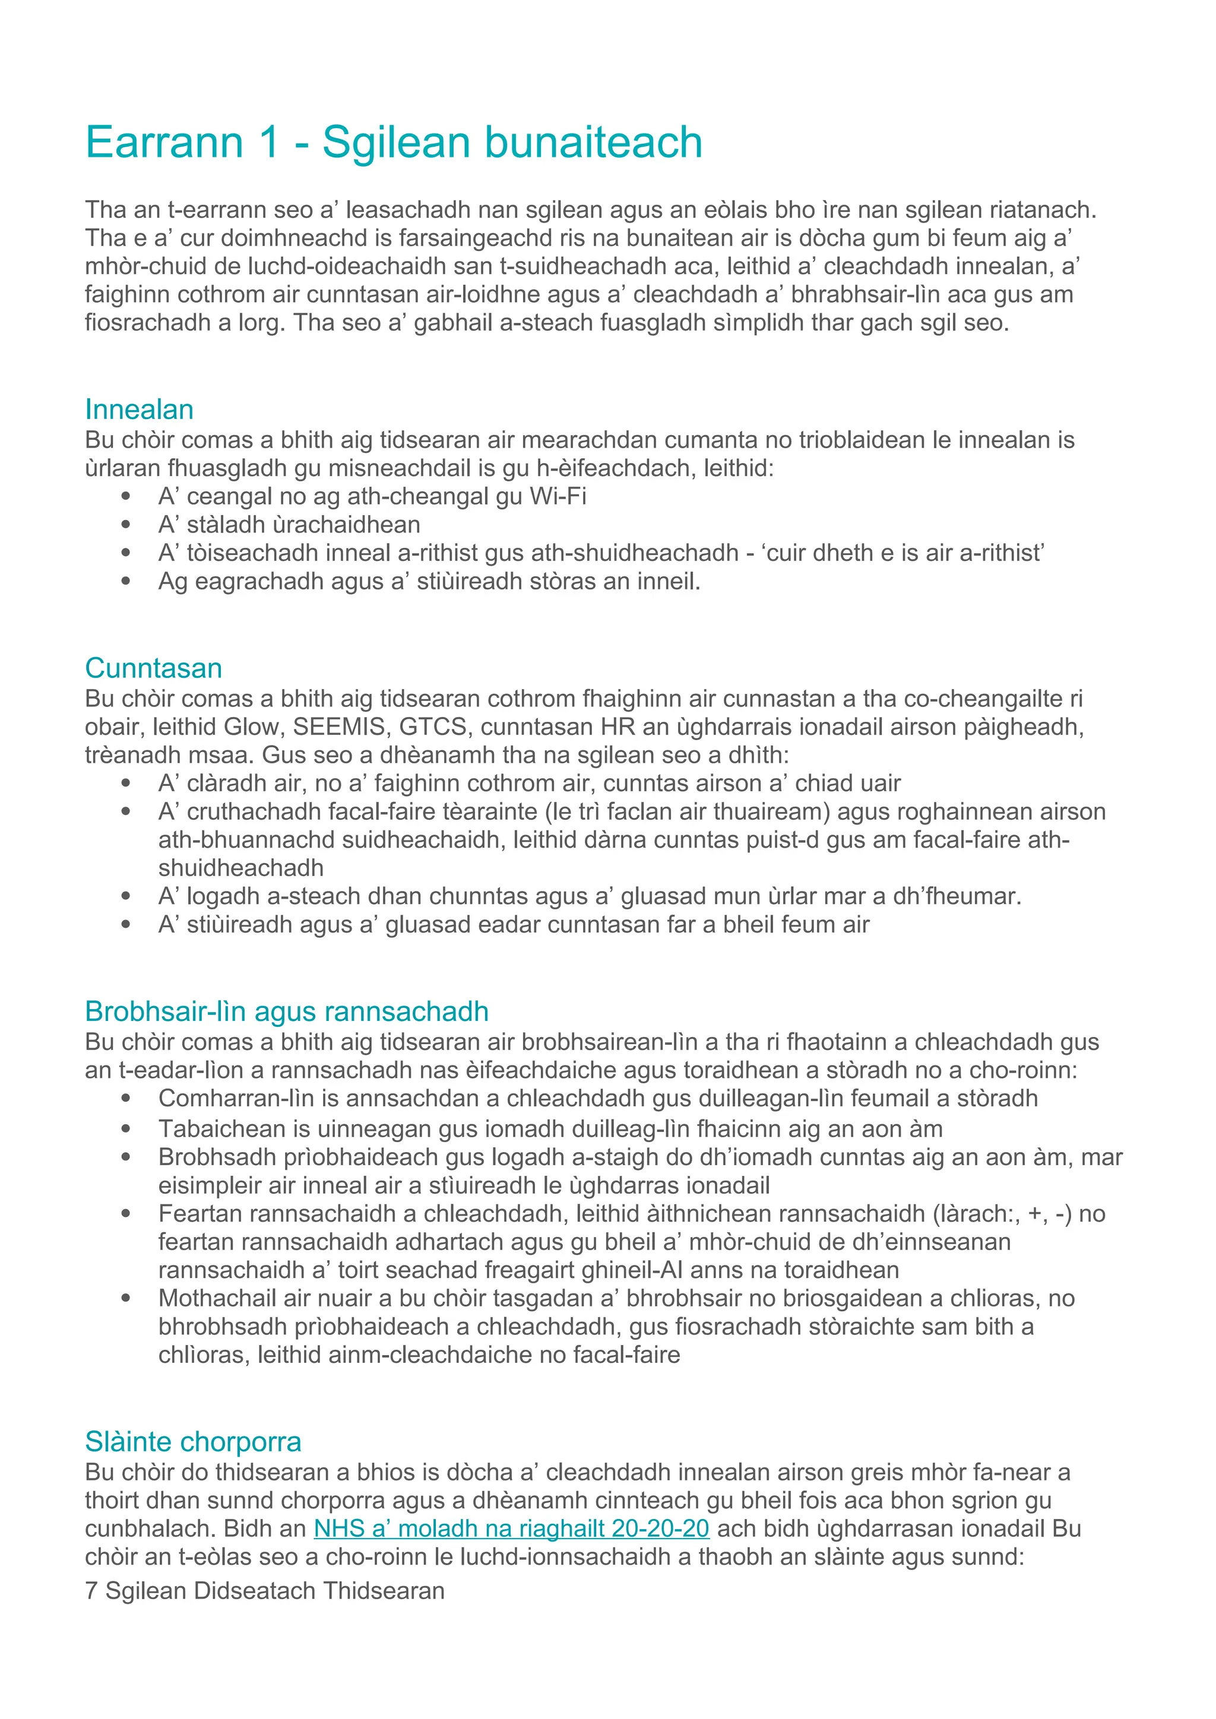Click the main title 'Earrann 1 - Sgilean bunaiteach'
click(393, 142)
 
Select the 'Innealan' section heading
click(140, 410)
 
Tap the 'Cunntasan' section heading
click(154, 668)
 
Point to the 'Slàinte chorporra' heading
click(193, 1441)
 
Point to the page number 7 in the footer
click(91, 1590)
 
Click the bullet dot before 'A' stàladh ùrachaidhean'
click(126, 525)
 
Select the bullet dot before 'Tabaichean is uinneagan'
click(126, 1128)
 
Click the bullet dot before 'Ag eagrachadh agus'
click(126, 581)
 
